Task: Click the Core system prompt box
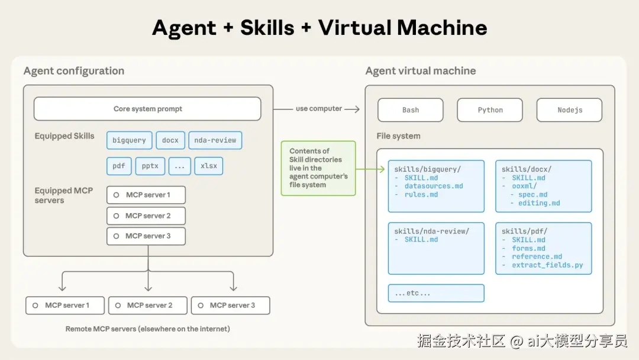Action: [147, 109]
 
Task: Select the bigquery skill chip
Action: [129, 140]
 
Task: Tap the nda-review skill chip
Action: [215, 140]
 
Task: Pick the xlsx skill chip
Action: [209, 166]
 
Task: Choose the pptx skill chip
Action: [150, 166]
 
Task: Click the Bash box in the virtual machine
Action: [411, 110]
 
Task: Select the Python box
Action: [490, 110]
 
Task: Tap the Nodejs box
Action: [569, 110]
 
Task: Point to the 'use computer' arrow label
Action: [319, 108]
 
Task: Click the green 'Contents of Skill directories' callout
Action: [318, 168]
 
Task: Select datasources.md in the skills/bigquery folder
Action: [434, 186]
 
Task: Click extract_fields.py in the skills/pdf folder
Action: [547, 265]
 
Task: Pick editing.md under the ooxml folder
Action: [539, 203]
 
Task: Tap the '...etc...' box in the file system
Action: [436, 293]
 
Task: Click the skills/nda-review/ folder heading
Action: [431, 231]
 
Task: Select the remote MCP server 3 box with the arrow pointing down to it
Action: [231, 306]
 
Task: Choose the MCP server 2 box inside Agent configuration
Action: [146, 216]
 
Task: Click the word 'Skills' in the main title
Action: [267, 28]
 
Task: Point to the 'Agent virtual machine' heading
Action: [421, 71]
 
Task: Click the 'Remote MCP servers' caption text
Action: [147, 329]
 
